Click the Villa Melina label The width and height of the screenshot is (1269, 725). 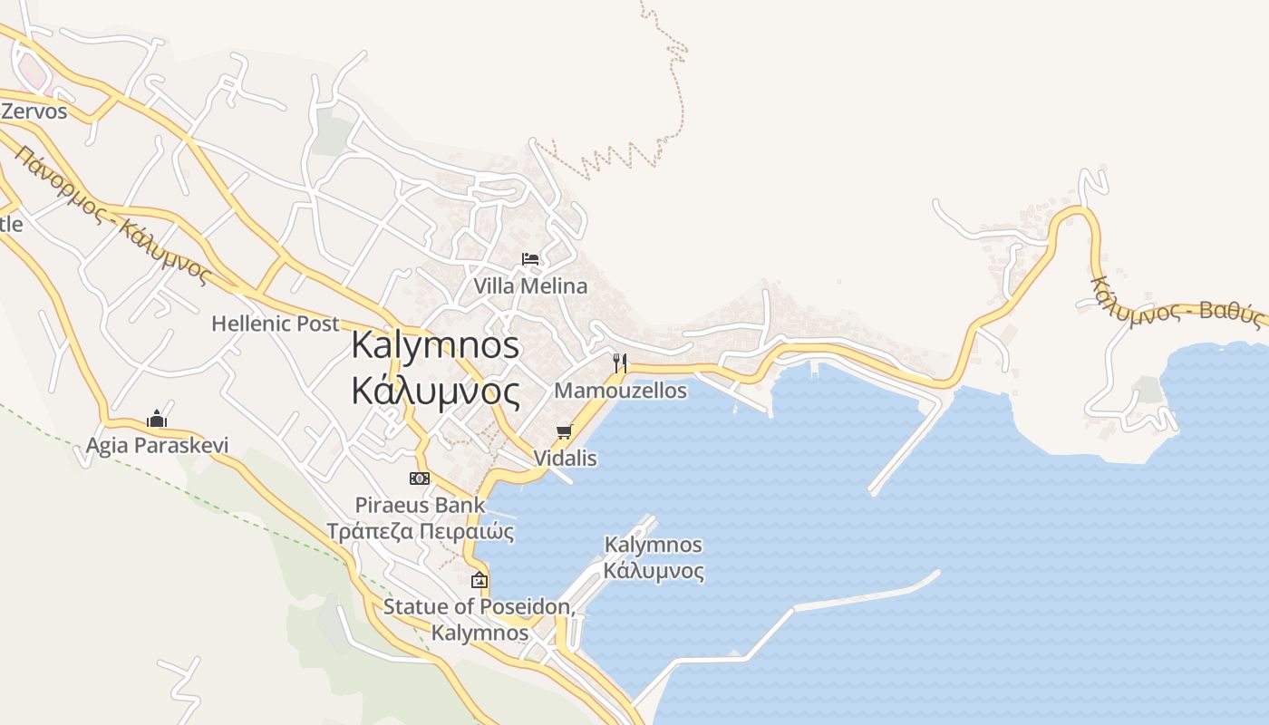(x=530, y=286)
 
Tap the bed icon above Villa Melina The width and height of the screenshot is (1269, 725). (x=530, y=260)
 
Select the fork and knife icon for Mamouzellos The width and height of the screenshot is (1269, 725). (x=620, y=363)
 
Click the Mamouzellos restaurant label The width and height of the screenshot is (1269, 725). (x=620, y=391)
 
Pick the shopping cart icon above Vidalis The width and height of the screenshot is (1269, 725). (x=565, y=431)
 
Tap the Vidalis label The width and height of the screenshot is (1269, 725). (x=565, y=459)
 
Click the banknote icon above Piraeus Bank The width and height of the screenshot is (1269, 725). (x=420, y=478)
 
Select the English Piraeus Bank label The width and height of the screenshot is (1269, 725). (x=420, y=505)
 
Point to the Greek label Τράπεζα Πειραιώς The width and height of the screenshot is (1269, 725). (x=420, y=532)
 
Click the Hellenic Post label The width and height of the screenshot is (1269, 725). (x=275, y=324)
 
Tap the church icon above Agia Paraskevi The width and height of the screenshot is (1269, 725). (x=157, y=419)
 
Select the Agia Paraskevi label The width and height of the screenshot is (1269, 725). (x=157, y=446)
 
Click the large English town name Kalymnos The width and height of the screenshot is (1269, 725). (x=435, y=345)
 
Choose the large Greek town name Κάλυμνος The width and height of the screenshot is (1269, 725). (x=435, y=391)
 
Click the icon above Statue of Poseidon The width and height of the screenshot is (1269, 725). (x=479, y=580)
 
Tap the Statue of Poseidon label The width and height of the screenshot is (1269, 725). (x=479, y=607)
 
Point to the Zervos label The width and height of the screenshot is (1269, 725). (x=34, y=111)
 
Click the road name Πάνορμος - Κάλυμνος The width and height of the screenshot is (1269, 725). (x=113, y=215)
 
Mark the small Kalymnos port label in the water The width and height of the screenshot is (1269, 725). (x=653, y=546)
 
